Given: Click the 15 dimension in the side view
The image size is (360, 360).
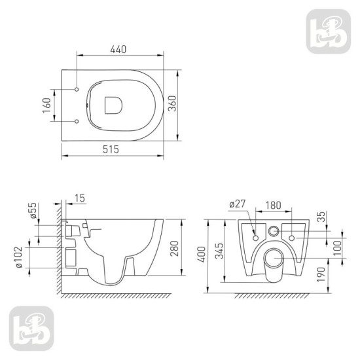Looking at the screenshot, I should [81, 198].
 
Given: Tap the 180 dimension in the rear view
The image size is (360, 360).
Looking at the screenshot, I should [274, 205].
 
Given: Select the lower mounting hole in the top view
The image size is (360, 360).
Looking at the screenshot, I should [78, 121].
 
